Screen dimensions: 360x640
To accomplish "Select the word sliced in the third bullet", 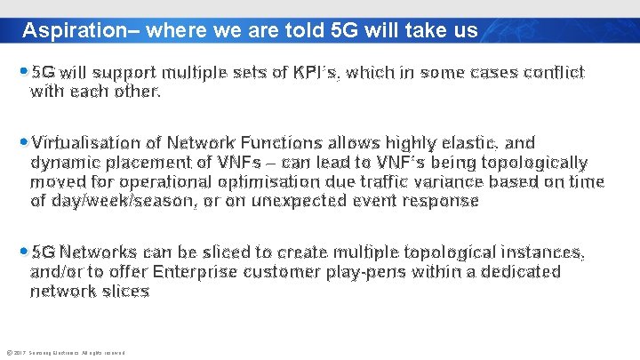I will [x=237, y=253].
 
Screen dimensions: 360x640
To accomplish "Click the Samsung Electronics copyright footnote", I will [x=64, y=353].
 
